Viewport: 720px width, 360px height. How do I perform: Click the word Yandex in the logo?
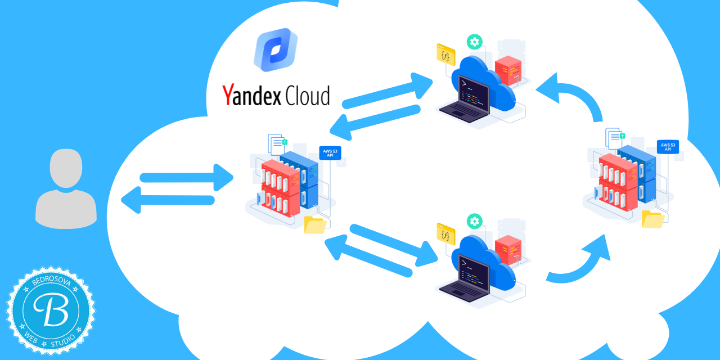251,95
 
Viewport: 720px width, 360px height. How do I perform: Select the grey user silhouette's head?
66,168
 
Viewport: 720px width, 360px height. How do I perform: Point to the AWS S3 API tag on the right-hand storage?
667,147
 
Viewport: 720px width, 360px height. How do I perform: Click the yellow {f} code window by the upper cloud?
445,55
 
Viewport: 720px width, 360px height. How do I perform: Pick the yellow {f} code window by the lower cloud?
445,234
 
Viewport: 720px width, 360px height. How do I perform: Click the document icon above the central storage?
276,144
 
